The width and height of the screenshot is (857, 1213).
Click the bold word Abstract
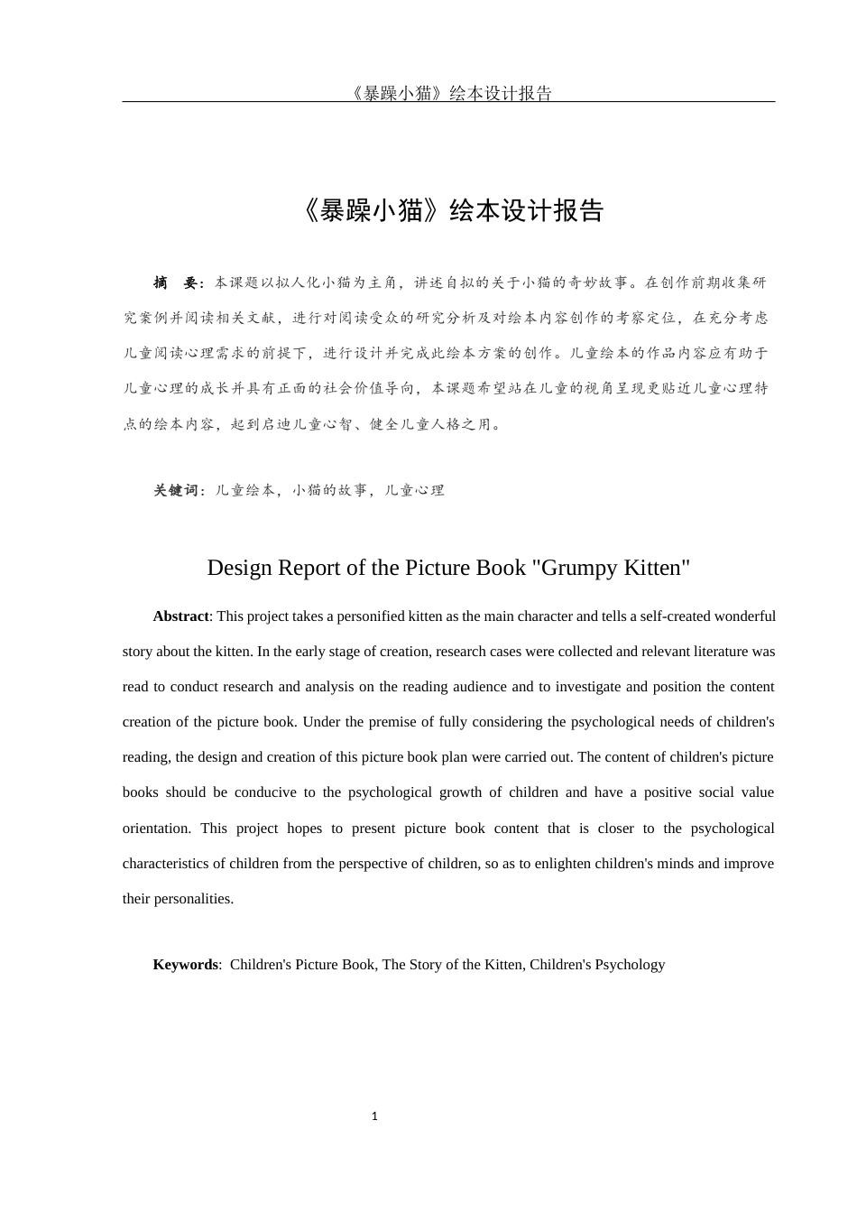click(180, 616)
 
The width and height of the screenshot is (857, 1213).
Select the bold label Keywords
click(185, 965)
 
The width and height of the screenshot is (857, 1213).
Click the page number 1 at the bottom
click(374, 1116)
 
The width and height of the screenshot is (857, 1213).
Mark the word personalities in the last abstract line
click(194, 899)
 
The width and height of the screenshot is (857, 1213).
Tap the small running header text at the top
click(448, 93)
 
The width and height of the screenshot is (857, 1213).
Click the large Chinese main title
click(448, 210)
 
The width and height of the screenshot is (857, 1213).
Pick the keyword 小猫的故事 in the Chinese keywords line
click(329, 491)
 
